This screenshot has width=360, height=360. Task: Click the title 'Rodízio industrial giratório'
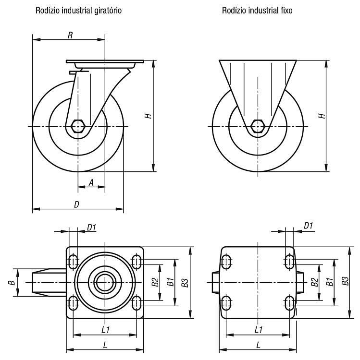[x=78, y=11]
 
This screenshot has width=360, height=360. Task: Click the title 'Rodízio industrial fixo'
[x=257, y=11]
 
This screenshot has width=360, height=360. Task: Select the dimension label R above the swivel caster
[x=70, y=35]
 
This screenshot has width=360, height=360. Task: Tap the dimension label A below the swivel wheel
[x=91, y=183]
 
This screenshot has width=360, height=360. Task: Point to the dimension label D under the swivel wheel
[x=76, y=204]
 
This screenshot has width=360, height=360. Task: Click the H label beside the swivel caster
[x=149, y=116]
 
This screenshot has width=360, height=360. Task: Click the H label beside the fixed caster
[x=322, y=116]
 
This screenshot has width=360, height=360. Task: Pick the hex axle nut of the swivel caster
[x=78, y=126]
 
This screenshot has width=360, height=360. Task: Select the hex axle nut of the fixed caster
[x=258, y=126]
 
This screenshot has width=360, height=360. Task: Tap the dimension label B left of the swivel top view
[x=12, y=282]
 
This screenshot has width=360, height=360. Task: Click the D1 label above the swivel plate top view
[x=91, y=228]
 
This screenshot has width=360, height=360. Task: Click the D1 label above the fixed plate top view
[x=308, y=226]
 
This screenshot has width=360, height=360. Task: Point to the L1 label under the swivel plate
[x=106, y=330]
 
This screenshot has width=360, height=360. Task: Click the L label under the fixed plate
[x=258, y=345]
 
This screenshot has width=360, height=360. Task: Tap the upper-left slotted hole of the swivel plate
[x=73, y=262]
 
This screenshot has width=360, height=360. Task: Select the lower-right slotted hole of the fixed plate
[x=289, y=303]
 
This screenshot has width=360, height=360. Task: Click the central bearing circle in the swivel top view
[x=105, y=282]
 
